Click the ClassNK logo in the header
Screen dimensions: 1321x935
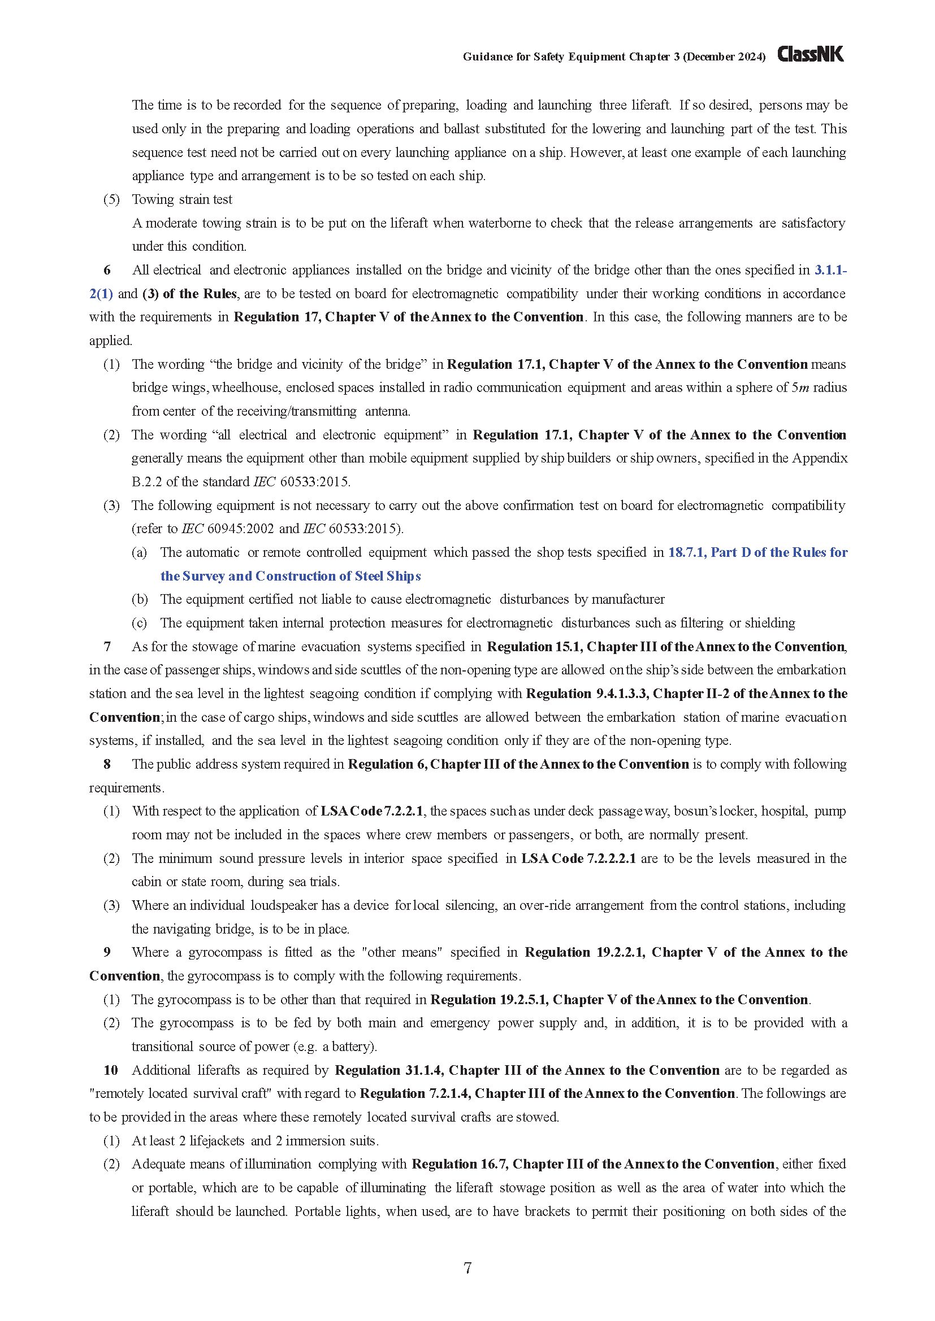point(810,55)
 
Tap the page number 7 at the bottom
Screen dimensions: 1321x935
point(467,1267)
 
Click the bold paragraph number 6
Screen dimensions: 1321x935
point(107,271)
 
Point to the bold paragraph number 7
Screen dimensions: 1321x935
point(107,647)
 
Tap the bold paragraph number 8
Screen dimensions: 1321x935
point(107,764)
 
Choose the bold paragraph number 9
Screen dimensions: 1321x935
point(107,952)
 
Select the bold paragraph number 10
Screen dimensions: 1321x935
point(111,1070)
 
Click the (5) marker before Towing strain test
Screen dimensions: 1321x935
point(112,199)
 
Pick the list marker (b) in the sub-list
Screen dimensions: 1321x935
point(140,600)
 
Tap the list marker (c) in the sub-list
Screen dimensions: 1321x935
point(140,623)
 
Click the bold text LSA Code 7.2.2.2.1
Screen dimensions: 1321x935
point(579,858)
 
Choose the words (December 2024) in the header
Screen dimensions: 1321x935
point(724,57)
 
